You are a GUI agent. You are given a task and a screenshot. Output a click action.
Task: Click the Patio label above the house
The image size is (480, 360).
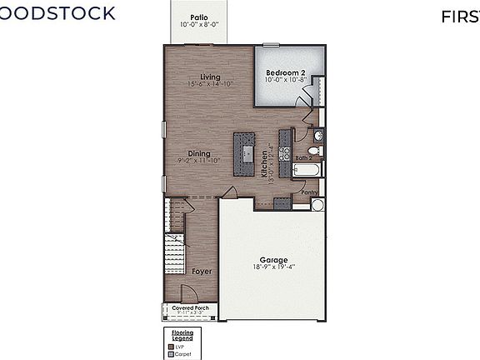point(198,17)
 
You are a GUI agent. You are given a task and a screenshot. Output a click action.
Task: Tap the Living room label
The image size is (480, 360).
point(198,77)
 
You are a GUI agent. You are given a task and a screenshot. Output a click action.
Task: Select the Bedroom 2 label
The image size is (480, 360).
point(286,73)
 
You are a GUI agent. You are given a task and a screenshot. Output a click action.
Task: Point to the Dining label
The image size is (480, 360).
point(198,153)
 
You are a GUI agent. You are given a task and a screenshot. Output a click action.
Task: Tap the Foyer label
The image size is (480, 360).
point(201,272)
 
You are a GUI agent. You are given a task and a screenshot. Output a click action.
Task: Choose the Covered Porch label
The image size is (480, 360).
point(191,307)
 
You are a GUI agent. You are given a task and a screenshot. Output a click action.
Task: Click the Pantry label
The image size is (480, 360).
point(310,192)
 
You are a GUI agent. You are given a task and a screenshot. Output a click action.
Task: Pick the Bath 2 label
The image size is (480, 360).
point(304,157)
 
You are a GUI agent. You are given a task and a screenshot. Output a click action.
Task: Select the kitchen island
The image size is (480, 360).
point(245,153)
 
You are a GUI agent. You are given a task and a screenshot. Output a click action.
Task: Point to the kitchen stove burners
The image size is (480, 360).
point(284,152)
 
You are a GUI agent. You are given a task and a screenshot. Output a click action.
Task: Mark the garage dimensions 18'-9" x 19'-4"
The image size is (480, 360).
point(274,267)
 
